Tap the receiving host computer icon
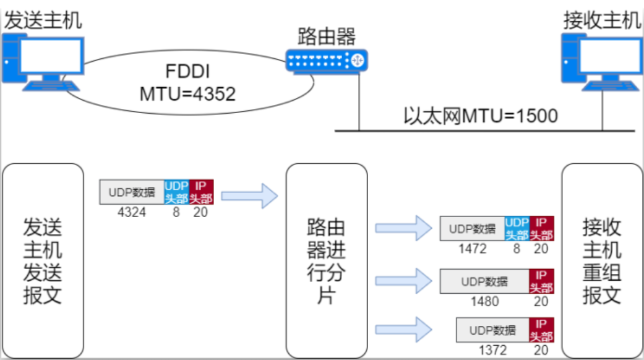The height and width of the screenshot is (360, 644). point(601,62)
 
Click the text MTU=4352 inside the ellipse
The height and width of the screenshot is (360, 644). point(187,94)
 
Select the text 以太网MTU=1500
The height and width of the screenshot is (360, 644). point(480,116)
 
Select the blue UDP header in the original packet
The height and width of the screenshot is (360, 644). point(176,192)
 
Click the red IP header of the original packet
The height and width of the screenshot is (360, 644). point(201,192)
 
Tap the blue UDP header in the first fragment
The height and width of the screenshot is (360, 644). point(517,229)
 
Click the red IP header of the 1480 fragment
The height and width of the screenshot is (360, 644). point(541,281)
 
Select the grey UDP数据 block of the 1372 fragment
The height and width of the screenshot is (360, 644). point(492,330)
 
